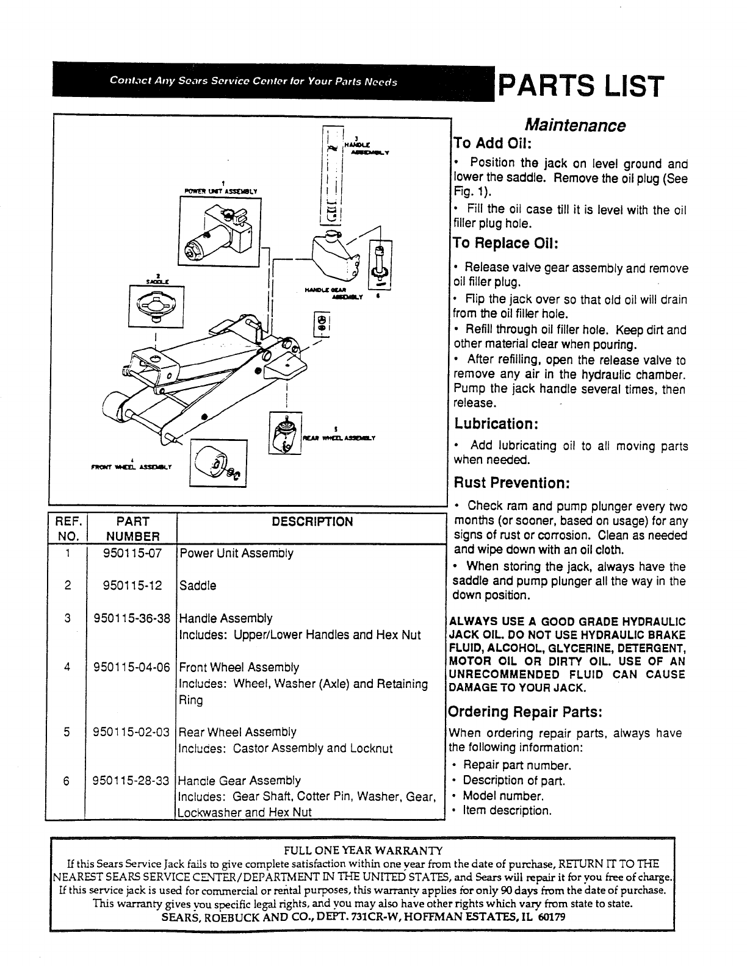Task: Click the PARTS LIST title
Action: pos(580,86)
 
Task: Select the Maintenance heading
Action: pos(576,126)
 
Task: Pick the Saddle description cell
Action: pos(198,586)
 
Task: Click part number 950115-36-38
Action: pos(131,618)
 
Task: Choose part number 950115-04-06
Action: pos(131,667)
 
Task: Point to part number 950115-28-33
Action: pos(131,781)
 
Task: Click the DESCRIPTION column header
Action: pos(312,522)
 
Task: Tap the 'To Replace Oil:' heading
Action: pos(506,243)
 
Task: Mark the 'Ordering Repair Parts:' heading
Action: pos(525,712)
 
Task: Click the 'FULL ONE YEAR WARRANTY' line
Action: pos(363,850)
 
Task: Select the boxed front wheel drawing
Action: pos(218,464)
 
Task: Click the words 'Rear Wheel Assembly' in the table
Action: pos(238,732)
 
